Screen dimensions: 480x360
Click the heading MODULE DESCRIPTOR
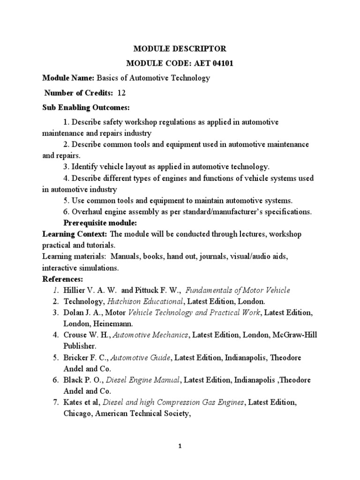[x=180, y=49]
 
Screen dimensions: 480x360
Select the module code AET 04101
[x=205, y=63]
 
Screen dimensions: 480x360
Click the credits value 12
[x=121, y=93]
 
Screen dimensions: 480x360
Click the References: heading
[x=62, y=279]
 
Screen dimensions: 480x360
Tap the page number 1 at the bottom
[x=180, y=447]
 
